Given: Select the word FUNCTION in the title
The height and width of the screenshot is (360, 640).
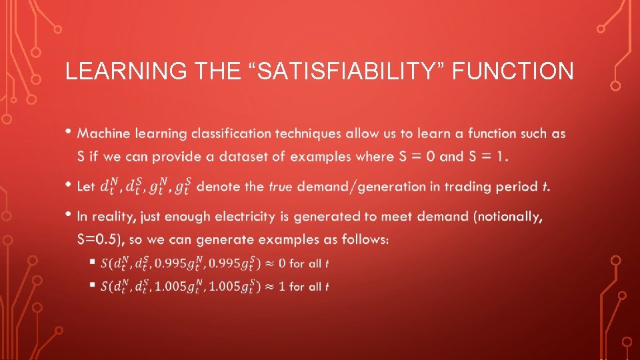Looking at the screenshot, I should click(x=513, y=71).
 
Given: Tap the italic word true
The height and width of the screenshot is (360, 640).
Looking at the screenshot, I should click(x=281, y=187).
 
